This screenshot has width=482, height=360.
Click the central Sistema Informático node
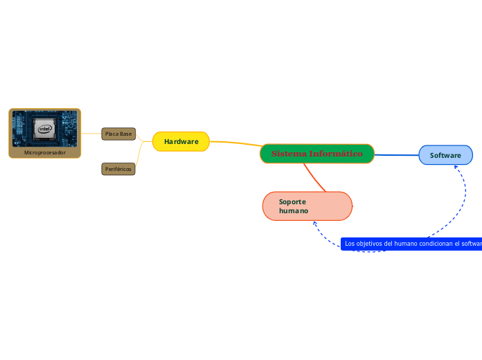coord(317,154)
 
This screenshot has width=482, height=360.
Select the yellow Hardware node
coord(181,141)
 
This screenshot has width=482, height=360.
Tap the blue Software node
coord(445,155)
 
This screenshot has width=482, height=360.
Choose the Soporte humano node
coord(307,206)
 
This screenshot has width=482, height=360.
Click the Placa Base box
coord(118,134)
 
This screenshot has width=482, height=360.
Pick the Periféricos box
coord(118,169)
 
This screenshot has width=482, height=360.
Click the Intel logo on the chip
coord(44,128)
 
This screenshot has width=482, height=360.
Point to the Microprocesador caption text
coord(44,152)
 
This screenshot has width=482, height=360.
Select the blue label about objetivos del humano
coord(411,244)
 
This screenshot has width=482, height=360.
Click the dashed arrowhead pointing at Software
coord(456,168)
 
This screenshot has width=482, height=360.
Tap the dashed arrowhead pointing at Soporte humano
coord(315,224)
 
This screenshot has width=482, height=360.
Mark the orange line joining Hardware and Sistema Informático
coord(235,144)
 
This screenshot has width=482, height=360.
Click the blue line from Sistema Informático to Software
coord(396,154)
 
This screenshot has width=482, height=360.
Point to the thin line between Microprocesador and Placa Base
coord(91,133)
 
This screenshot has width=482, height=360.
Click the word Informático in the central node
coord(336,153)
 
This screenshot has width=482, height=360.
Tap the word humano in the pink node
coord(294,210)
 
